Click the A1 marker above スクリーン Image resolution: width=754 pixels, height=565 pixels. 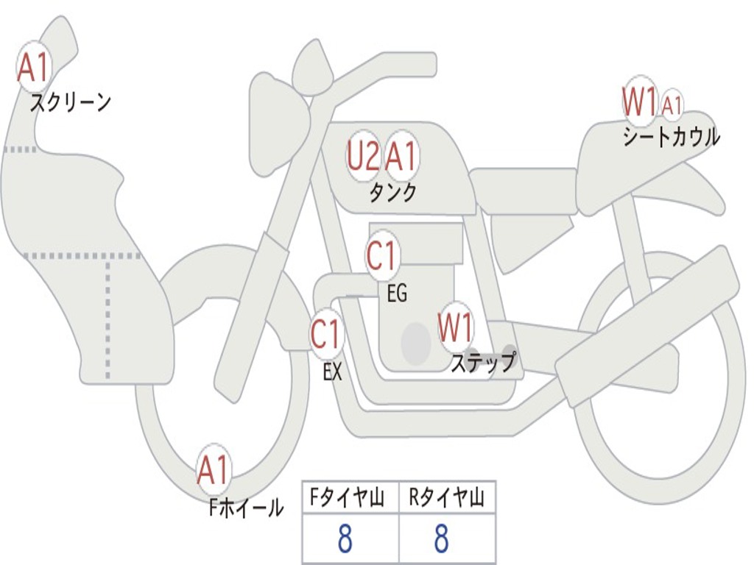32,68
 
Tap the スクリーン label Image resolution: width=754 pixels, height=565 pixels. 71,102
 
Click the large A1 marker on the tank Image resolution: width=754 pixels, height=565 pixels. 401,157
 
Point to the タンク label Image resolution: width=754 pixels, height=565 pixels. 392,193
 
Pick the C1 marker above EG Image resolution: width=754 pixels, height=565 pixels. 381,257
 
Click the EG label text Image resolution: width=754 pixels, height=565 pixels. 397,294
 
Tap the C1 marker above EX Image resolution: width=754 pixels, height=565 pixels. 326,335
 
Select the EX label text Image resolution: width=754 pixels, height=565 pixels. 333,372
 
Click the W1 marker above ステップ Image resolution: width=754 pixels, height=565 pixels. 456,327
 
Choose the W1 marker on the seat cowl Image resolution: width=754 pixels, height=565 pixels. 639,102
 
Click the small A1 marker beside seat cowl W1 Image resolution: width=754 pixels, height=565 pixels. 672,106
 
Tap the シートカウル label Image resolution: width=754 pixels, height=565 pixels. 671,137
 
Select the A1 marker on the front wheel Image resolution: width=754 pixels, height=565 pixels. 214,470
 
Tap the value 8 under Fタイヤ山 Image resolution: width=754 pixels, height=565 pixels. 345,539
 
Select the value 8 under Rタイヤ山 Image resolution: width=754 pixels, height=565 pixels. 441,539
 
